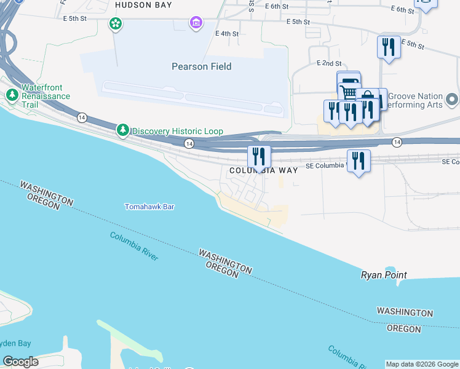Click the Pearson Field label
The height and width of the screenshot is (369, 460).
201,66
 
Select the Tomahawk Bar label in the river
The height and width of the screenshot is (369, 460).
149,207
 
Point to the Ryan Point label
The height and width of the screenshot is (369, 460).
384,275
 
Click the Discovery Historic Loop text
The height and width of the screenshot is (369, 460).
177,131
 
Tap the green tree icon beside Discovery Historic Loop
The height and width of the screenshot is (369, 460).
124,130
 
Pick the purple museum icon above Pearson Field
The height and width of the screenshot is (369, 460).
196,23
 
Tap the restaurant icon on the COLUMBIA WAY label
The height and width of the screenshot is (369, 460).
259,157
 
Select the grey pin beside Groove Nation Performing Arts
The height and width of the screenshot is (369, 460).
452,99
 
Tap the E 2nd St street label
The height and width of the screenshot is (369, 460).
329,63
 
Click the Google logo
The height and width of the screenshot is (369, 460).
20,362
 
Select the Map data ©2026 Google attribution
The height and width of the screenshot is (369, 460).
422,364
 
